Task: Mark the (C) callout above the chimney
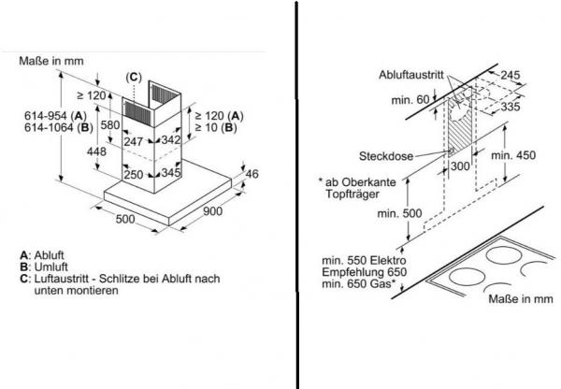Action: (135, 77)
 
